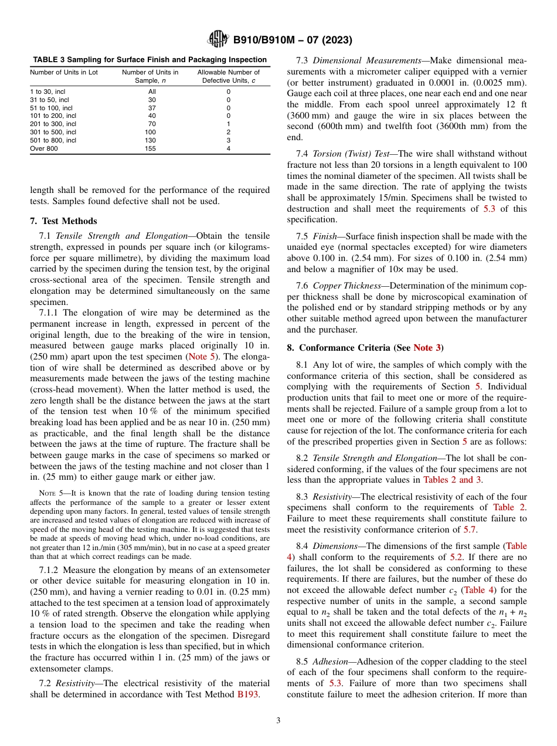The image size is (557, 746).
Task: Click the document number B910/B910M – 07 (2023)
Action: pyautogui.click(x=293, y=40)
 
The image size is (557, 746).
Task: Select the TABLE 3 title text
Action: pyautogui.click(x=150, y=60)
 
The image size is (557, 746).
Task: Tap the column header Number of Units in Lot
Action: pyautogui.click(x=64, y=73)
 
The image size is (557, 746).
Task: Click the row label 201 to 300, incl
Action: pyautogui.click(x=53, y=124)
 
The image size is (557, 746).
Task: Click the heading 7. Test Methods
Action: pyautogui.click(x=63, y=221)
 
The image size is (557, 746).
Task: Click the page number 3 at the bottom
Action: pyautogui.click(x=278, y=721)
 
